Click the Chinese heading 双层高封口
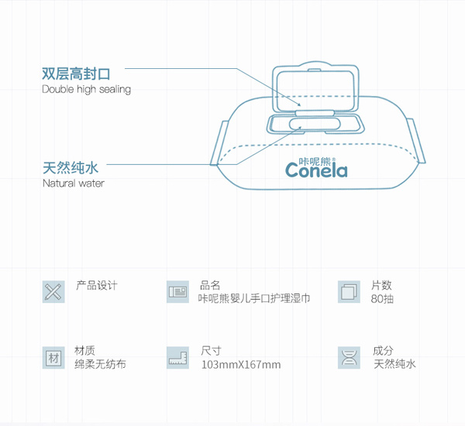pos(76,74)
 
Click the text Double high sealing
pos(86,89)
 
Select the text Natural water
pos(73,184)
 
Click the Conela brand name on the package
pos(316,169)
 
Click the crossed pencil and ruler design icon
pos(53,292)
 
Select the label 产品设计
pos(97,286)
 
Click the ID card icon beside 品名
pos(178,292)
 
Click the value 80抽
pos(382,298)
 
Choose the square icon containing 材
pos(53,358)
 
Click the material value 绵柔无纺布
pos(100,364)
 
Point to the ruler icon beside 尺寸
pos(178,358)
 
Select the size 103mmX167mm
pos(240,365)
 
